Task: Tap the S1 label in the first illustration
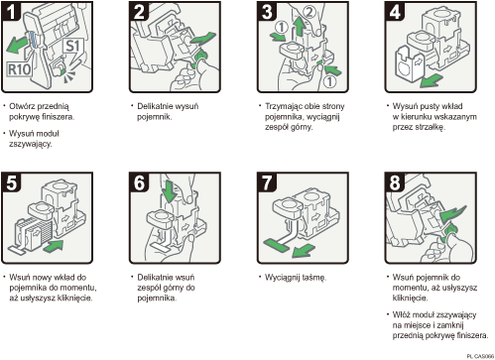click(x=72, y=47)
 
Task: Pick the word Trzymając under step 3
click(x=285, y=104)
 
